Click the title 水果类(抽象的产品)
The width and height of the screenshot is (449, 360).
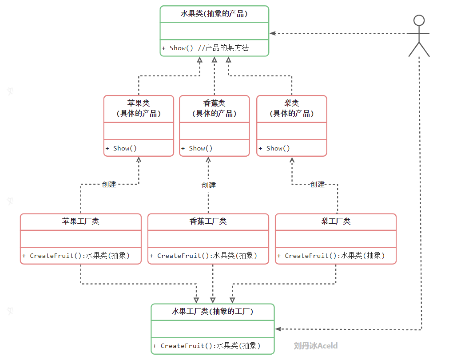(x=214, y=14)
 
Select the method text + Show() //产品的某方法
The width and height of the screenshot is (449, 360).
(x=205, y=48)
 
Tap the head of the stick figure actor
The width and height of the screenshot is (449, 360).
(x=419, y=20)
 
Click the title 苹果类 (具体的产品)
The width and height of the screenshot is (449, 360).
(x=139, y=108)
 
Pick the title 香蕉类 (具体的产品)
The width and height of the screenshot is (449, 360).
(x=214, y=108)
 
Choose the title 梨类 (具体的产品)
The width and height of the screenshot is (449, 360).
(x=291, y=108)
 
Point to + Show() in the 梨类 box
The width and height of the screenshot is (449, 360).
(x=274, y=148)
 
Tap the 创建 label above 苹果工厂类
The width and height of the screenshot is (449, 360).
(x=109, y=184)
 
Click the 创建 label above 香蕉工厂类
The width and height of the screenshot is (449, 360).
(x=208, y=185)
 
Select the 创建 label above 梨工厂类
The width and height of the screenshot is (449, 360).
(x=317, y=184)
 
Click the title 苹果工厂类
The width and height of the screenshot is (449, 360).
(x=80, y=222)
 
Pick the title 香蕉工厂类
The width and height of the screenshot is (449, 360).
(x=208, y=222)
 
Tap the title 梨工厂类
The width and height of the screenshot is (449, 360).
(x=335, y=222)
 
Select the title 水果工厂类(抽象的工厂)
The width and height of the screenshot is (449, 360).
(x=212, y=312)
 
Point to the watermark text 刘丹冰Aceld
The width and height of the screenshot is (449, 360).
(x=316, y=345)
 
